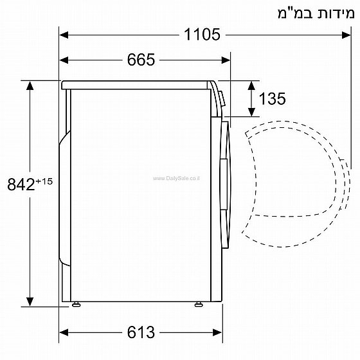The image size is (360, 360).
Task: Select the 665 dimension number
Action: point(141,60)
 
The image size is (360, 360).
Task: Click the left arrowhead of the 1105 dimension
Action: point(64,35)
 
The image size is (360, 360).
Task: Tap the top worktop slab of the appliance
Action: point(138,84)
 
